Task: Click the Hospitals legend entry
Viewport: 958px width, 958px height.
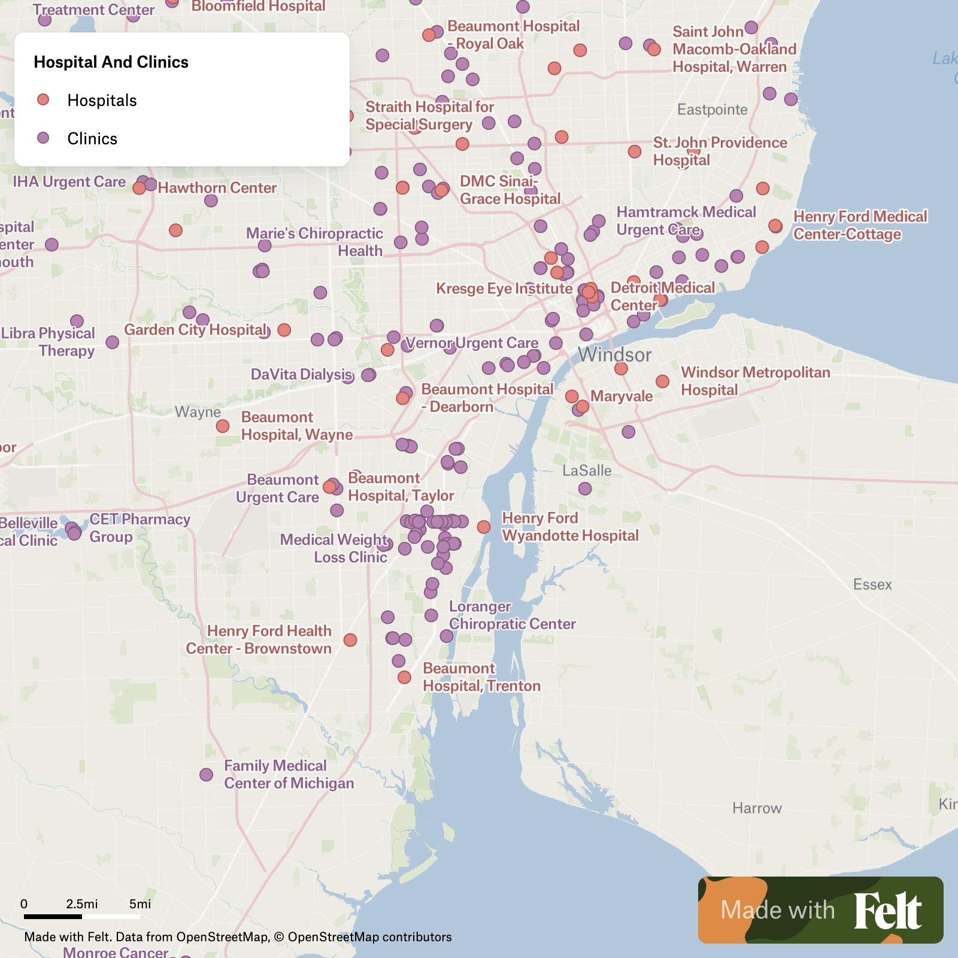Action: [102, 100]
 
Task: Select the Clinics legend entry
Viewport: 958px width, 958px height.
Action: [92, 138]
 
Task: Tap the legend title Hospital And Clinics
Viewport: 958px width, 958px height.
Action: [111, 62]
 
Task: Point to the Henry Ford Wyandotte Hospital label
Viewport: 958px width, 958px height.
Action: [570, 526]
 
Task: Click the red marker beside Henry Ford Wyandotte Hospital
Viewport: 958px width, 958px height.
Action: [483, 527]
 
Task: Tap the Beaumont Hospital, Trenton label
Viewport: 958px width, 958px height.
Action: [481, 677]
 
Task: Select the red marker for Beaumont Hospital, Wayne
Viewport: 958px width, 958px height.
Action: [223, 426]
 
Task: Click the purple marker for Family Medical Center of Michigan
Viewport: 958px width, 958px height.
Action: [206, 775]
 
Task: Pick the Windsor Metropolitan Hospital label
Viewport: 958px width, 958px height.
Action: [755, 381]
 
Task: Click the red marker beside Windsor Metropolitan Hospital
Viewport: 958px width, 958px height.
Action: [662, 381]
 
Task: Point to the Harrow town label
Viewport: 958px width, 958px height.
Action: [757, 808]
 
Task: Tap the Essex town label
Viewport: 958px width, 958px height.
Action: [872, 584]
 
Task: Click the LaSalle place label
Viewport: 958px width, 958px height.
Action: [587, 471]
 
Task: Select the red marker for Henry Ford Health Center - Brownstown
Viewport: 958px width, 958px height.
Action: [350, 640]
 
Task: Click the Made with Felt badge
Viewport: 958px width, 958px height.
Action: [820, 910]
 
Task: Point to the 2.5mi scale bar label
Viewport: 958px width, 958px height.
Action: [82, 904]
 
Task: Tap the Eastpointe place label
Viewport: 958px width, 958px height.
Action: [712, 110]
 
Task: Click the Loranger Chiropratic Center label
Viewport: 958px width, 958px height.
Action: [512, 615]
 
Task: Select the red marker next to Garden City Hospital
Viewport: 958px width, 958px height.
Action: [284, 330]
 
